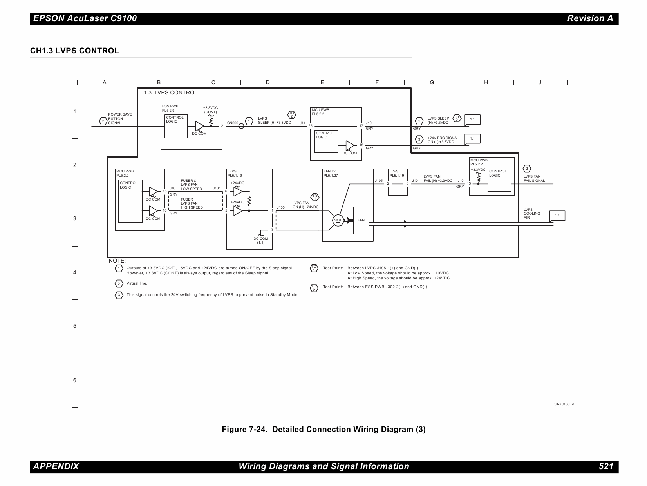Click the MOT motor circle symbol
[x=337, y=220]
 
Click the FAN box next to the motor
[x=361, y=220]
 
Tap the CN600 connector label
[x=233, y=123]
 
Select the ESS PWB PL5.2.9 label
[x=170, y=108]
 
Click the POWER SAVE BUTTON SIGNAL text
[x=120, y=119]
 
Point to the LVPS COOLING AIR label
[x=532, y=214]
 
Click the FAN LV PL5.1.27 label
[x=331, y=174]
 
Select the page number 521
[x=605, y=466]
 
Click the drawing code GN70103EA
[x=564, y=404]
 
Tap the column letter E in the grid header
[x=322, y=82]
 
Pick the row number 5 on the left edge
[x=75, y=326]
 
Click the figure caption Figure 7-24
[x=323, y=429]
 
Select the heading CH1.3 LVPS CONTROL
[x=75, y=51]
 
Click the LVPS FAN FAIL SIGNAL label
[x=534, y=179]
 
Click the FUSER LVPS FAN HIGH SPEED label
[x=192, y=203]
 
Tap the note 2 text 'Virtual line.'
[x=137, y=283]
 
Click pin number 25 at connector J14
[x=310, y=126]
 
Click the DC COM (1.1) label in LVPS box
[x=260, y=240]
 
